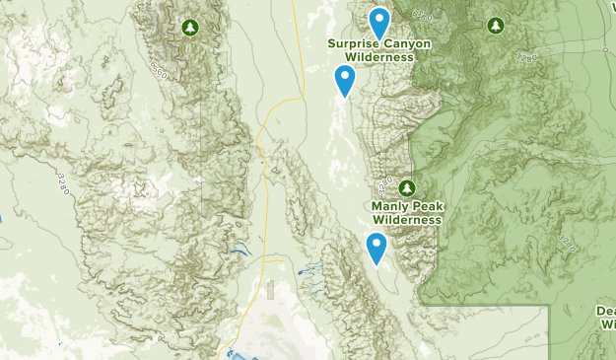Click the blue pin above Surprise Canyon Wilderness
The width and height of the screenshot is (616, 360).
378,23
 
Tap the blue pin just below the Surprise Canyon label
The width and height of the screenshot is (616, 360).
344,80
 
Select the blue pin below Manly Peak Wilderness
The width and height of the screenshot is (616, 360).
376,248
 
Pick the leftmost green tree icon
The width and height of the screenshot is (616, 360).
189,26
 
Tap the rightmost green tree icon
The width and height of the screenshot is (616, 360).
496,25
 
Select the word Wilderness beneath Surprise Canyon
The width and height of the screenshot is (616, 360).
372,57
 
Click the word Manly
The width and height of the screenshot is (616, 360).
389,207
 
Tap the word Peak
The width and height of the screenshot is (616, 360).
425,207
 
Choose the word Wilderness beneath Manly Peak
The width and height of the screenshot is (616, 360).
407,220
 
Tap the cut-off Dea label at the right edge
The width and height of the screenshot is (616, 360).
605,310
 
